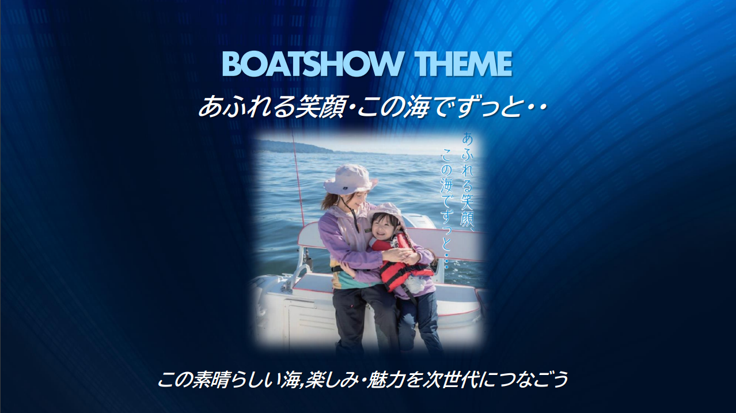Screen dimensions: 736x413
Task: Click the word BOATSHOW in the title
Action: [x=312, y=64]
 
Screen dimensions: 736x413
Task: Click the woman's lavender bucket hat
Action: [x=350, y=179]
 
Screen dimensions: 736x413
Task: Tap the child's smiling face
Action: [x=386, y=228]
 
